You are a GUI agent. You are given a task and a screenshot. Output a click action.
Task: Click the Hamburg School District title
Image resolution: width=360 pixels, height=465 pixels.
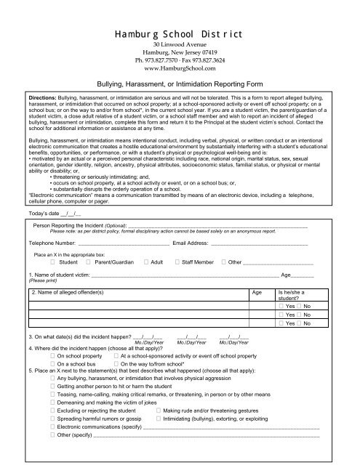tap(179, 33)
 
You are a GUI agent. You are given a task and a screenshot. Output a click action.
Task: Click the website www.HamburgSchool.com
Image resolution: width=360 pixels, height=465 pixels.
tap(179, 70)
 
